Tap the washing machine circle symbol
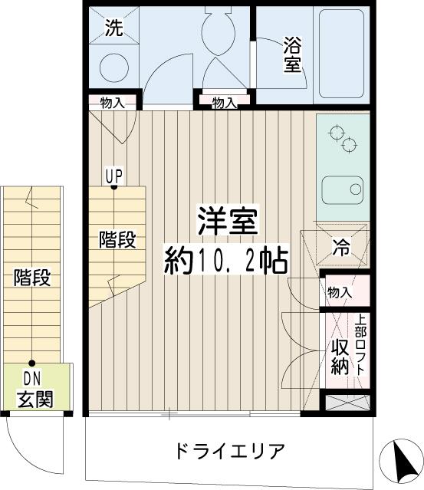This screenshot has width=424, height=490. pos(117,67)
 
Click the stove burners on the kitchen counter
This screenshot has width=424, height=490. pos(343,137)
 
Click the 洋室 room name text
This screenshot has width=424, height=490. pos(228,222)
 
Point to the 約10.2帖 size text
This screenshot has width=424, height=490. pos(226,263)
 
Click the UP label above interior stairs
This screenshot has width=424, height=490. pos(113,173)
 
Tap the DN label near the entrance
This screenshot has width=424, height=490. pos(32,378)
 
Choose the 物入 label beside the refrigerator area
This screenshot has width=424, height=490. pos(340,292)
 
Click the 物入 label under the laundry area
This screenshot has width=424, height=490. pos(112,103)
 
